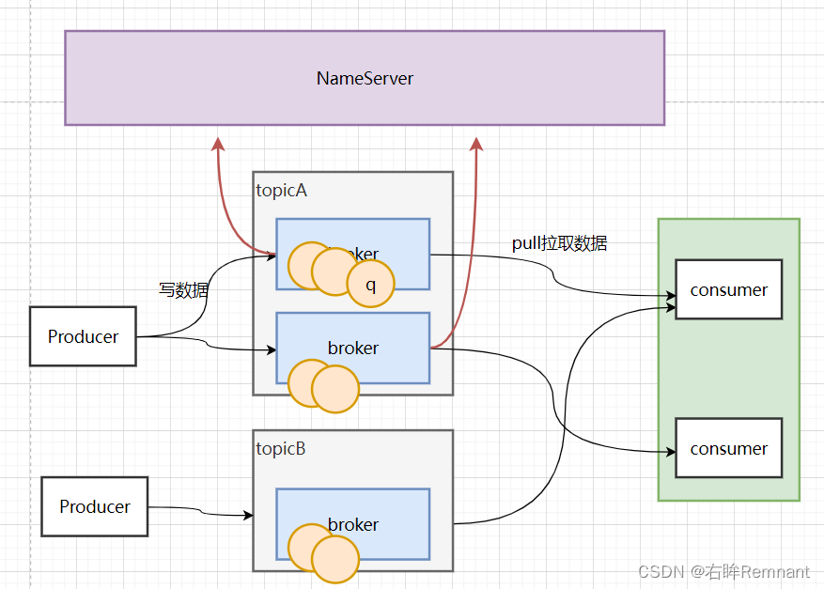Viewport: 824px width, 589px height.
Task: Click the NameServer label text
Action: pos(365,78)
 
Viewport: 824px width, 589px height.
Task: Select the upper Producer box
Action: pos(83,336)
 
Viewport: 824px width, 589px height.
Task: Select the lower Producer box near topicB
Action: pos(95,506)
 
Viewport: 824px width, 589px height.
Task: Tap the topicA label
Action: pos(282,191)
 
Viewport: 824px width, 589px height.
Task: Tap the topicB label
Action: pos(281,449)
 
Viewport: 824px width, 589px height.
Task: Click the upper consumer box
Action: pos(728,289)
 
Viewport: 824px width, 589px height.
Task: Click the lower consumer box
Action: pos(728,449)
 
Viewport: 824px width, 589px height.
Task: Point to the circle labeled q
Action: pos(370,284)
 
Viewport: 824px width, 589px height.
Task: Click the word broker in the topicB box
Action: pos(353,524)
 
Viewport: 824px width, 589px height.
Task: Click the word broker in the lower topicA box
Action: pos(353,348)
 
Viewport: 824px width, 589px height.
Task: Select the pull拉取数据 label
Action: pos(559,243)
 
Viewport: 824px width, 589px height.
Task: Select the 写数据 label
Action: pos(183,290)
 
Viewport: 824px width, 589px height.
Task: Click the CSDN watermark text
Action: pos(723,571)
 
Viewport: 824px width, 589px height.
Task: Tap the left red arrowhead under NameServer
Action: pos(218,144)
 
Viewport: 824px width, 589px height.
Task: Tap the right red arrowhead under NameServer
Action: pos(476,144)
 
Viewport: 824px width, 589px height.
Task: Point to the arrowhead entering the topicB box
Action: pos(248,515)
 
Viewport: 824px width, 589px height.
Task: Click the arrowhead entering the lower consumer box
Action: pos(671,452)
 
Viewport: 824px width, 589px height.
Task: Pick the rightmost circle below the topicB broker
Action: pos(335,559)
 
